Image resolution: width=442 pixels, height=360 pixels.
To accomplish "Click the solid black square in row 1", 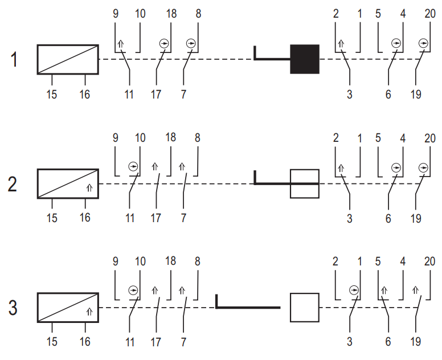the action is point(305,59).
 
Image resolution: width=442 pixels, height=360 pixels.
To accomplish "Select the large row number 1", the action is point(14,59).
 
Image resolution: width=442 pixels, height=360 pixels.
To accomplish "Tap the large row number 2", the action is point(13,185).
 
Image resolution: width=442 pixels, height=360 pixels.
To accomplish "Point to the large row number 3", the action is point(13,308).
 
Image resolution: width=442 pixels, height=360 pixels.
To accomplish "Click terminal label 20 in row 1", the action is point(430,14).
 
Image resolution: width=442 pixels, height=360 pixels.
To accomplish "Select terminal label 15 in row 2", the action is point(52,218).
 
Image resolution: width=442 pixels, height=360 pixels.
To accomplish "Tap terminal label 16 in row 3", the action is point(85,342).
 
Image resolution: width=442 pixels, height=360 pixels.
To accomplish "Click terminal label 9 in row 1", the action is point(116,14).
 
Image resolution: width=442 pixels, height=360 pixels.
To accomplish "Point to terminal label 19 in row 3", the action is point(416,342).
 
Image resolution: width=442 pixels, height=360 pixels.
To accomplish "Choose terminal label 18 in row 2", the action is point(170,137).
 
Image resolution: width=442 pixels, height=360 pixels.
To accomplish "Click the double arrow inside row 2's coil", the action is point(89,187).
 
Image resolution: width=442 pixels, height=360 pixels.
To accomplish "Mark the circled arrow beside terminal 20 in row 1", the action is point(423,43).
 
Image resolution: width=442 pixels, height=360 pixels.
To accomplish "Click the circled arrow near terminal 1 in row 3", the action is point(354,290).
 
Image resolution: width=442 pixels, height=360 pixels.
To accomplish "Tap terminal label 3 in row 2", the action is point(350,219).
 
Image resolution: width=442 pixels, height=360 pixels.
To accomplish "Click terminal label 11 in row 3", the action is point(130,342).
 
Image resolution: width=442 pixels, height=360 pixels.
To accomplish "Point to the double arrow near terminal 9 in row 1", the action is point(121,44).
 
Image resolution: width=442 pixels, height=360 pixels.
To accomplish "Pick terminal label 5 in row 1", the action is point(378,14).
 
